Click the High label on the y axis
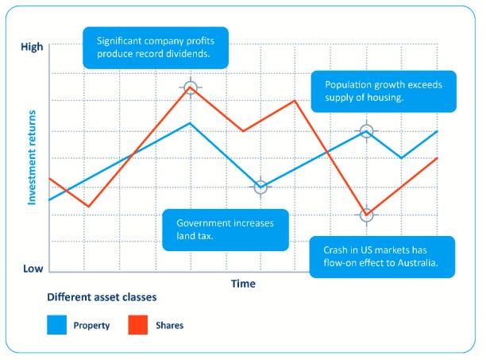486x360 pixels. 31,47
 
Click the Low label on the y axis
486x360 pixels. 33,269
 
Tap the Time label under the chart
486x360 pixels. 243,284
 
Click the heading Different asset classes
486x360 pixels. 101,298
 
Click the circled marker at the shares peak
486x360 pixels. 190,87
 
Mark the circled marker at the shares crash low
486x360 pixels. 366,215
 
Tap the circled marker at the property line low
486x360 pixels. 260,187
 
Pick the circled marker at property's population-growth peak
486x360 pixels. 366,130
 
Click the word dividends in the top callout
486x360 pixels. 185,54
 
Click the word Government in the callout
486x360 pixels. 202,223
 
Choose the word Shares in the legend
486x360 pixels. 171,325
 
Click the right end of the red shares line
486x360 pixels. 438,157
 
